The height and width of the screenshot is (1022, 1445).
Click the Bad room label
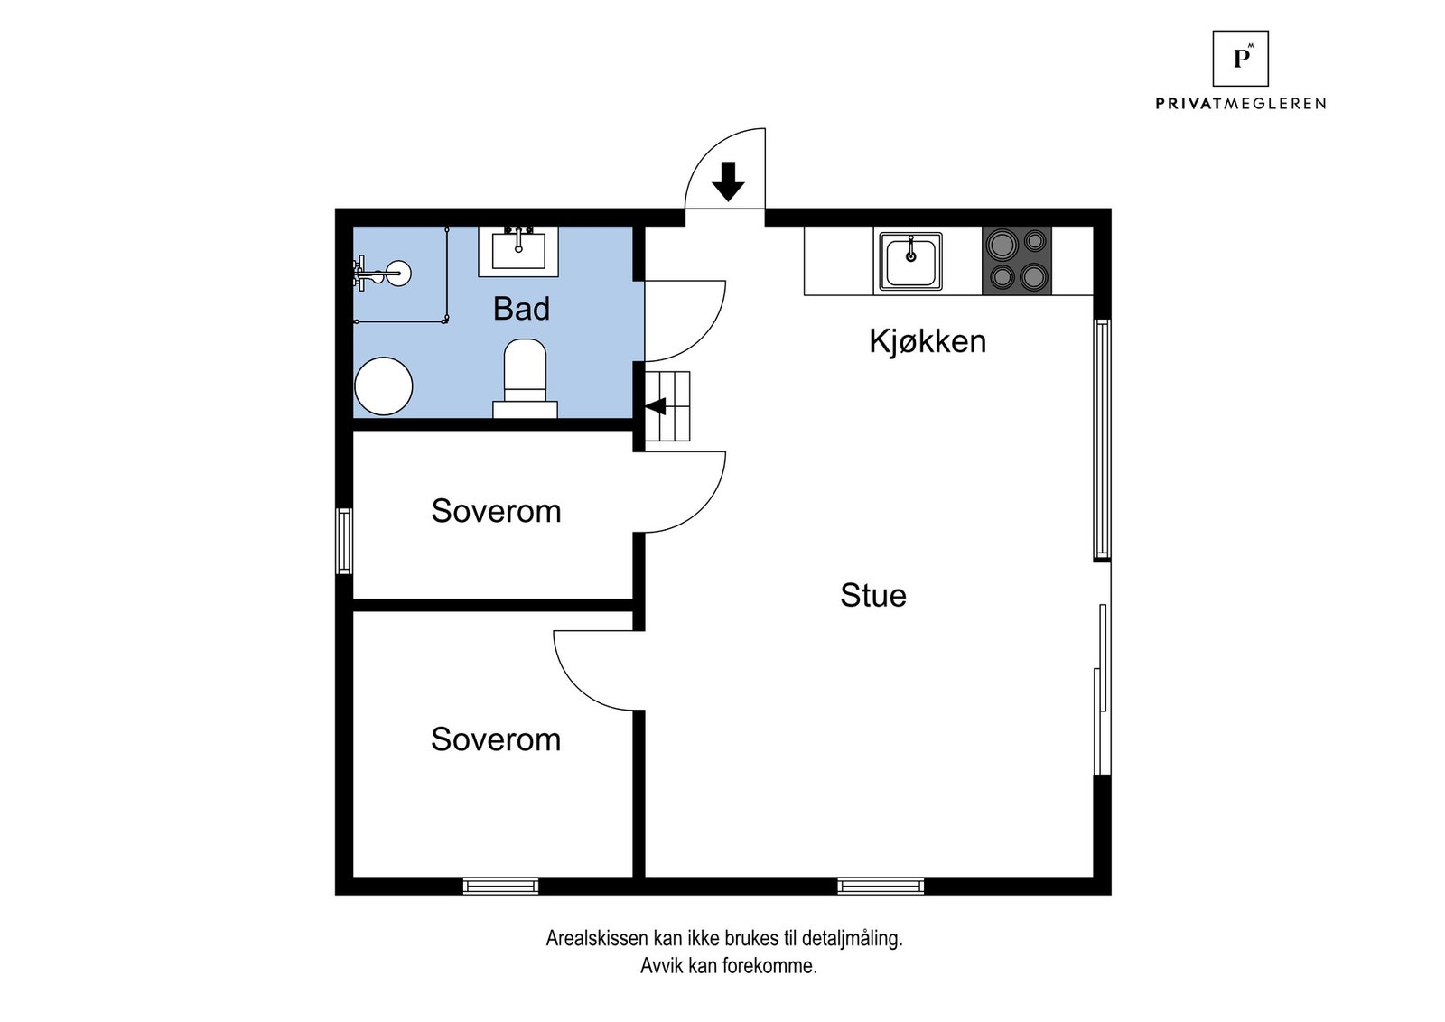click(x=521, y=309)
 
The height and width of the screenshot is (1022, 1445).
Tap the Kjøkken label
click(x=928, y=341)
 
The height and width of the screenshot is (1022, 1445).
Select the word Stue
click(x=872, y=595)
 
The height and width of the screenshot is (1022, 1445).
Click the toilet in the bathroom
click(x=525, y=379)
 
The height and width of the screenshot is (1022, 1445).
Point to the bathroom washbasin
click(x=518, y=252)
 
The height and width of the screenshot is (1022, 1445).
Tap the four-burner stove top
click(x=1017, y=261)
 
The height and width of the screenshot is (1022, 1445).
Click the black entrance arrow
click(x=728, y=181)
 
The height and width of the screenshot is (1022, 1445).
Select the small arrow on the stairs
click(x=656, y=407)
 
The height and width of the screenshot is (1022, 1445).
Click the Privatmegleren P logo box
click(x=1241, y=59)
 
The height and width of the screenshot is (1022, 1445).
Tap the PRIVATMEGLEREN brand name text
click(x=1241, y=104)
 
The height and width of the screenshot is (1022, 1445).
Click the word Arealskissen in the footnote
click(x=597, y=938)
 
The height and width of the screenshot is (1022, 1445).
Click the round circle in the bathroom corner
click(x=384, y=386)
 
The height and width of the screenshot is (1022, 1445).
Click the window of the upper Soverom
click(x=344, y=541)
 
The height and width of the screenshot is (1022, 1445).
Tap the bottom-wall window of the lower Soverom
click(x=500, y=887)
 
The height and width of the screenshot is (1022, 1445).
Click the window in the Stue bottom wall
click(x=881, y=887)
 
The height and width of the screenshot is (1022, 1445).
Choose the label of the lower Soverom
click(x=496, y=739)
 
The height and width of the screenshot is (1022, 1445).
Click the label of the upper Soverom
click(x=496, y=511)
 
